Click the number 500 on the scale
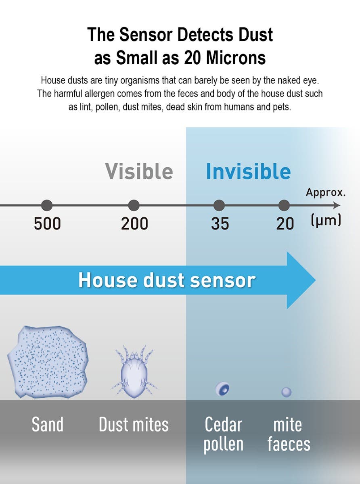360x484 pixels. [x=47, y=224]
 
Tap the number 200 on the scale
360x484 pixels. [x=134, y=224]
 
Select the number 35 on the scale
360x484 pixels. [x=220, y=224]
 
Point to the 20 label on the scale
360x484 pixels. [x=285, y=224]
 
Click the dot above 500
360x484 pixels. [x=47, y=205]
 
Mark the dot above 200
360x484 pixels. [x=134, y=205]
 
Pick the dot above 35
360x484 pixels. [x=219, y=205]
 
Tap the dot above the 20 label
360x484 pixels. [x=284, y=205]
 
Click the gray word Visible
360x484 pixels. [x=139, y=171]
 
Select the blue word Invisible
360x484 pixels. [x=248, y=171]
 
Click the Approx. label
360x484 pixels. [x=326, y=192]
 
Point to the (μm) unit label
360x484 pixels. [x=326, y=220]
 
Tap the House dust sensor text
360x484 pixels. [x=167, y=280]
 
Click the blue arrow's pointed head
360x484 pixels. [x=316, y=280]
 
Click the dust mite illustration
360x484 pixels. [x=134, y=372]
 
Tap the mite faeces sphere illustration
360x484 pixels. [x=287, y=392]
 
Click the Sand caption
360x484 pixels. [x=48, y=424]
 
